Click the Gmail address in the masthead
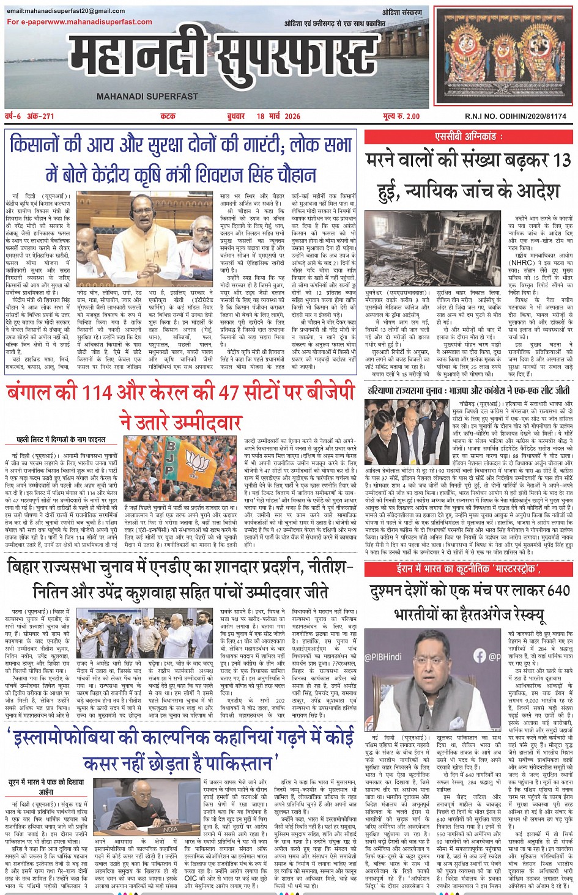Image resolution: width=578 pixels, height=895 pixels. [65, 11]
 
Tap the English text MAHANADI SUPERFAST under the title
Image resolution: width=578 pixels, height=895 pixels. [147, 97]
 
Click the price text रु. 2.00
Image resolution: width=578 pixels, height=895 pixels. [406, 116]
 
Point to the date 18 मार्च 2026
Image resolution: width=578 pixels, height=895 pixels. [278, 116]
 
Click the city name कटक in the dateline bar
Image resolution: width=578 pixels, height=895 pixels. [168, 116]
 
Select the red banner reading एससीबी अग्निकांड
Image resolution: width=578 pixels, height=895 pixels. [469, 137]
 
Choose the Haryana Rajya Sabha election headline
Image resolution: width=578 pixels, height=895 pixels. [469, 390]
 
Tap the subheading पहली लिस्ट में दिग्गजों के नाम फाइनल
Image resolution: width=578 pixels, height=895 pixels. [61, 439]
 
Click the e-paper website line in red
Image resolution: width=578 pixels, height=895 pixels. [80, 22]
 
